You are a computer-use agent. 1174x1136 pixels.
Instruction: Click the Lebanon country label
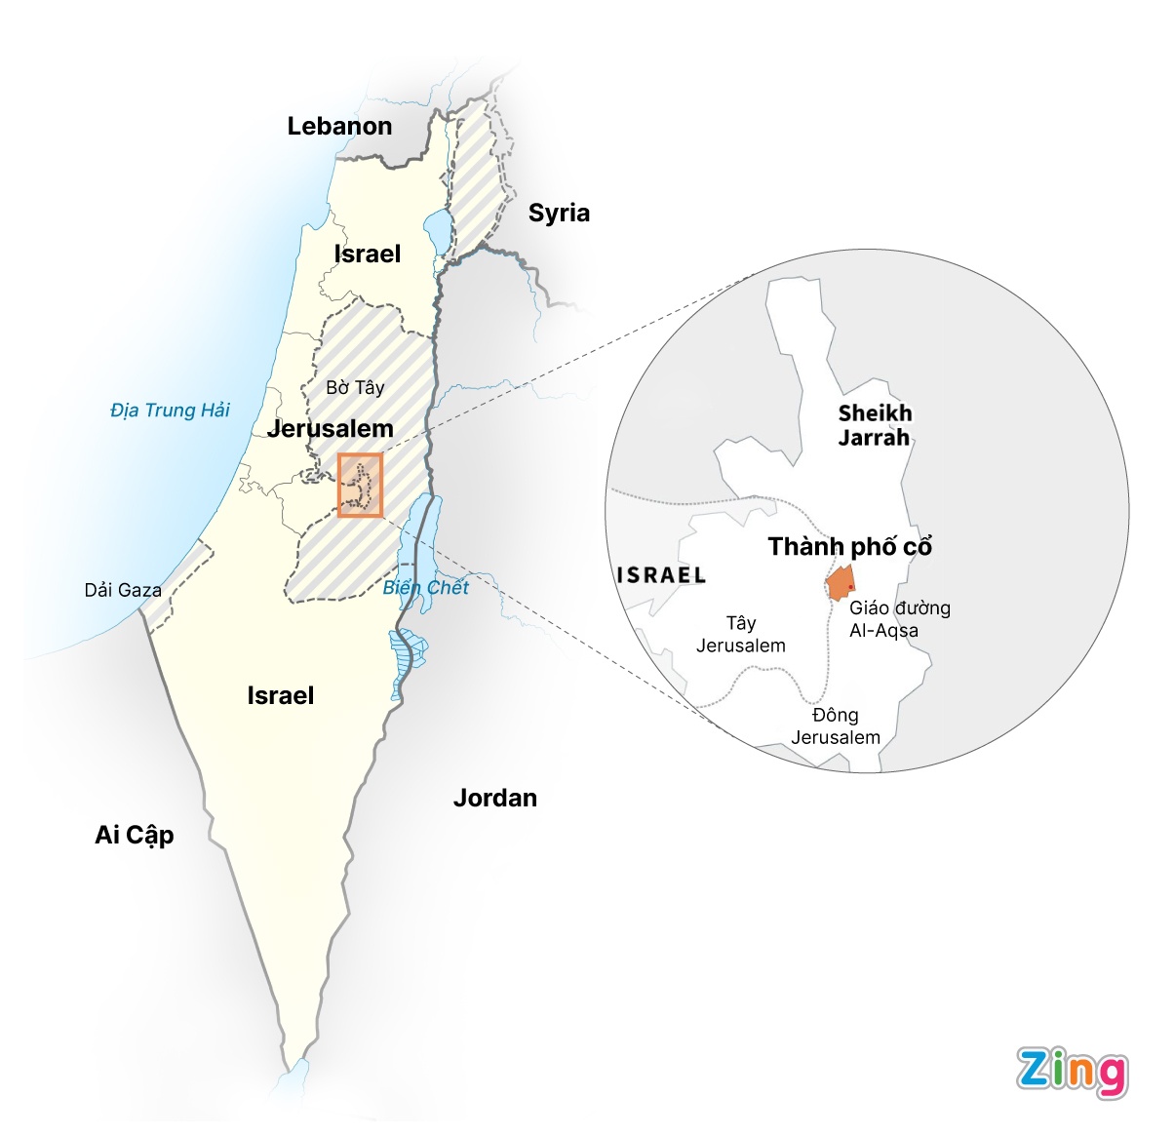(339, 126)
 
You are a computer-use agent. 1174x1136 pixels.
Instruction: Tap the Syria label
(559, 213)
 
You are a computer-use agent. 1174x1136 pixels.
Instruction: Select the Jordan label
(495, 798)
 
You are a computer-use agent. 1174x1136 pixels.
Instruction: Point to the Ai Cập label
(135, 835)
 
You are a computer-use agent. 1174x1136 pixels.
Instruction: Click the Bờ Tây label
(355, 387)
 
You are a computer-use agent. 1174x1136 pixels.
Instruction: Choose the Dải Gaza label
(123, 590)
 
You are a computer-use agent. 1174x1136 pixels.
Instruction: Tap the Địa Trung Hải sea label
(170, 410)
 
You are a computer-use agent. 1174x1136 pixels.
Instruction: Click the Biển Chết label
(426, 587)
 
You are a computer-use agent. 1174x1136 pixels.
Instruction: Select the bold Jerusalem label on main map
(331, 429)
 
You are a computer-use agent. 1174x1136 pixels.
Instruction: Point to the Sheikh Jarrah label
(874, 425)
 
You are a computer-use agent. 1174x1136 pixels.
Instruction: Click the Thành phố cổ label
(849, 546)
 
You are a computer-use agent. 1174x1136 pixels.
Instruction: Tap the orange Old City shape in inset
(839, 583)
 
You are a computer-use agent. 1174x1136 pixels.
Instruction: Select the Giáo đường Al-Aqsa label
(898, 619)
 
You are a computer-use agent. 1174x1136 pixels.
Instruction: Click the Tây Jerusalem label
(741, 634)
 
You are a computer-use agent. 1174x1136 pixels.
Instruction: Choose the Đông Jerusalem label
(836, 726)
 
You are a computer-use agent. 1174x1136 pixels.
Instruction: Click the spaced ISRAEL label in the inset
(661, 575)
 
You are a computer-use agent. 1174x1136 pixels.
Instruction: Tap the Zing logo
(1072, 1072)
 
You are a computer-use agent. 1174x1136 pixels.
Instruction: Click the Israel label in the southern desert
(281, 695)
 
